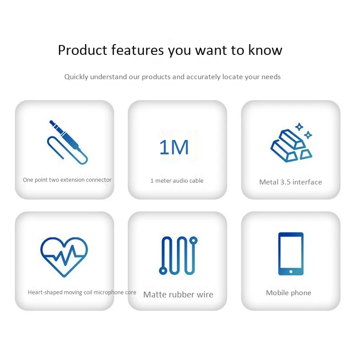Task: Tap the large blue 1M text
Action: pyautogui.click(x=174, y=147)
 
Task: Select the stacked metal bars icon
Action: pyautogui.click(x=291, y=143)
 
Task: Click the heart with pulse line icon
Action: pyautogui.click(x=64, y=257)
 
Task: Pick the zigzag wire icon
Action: pyautogui.click(x=178, y=256)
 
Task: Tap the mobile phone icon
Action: pyautogui.click(x=291, y=254)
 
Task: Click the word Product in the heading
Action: pyautogui.click(x=82, y=50)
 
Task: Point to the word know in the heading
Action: pyautogui.click(x=265, y=50)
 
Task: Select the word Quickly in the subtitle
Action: pyautogui.click(x=76, y=77)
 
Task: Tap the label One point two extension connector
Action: pyautogui.click(x=67, y=180)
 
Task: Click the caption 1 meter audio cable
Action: pyautogui.click(x=177, y=181)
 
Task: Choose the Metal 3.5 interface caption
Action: pyautogui.click(x=290, y=182)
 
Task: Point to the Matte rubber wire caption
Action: pyautogui.click(x=178, y=295)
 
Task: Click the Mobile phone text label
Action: pyautogui.click(x=288, y=293)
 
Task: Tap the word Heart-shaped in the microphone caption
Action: pyautogui.click(x=45, y=292)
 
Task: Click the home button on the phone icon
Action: pyautogui.click(x=291, y=272)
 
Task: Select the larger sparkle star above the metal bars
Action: pyautogui.click(x=299, y=127)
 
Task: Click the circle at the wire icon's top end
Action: pyautogui.click(x=193, y=240)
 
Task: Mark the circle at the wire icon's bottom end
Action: pyautogui.click(x=163, y=271)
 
